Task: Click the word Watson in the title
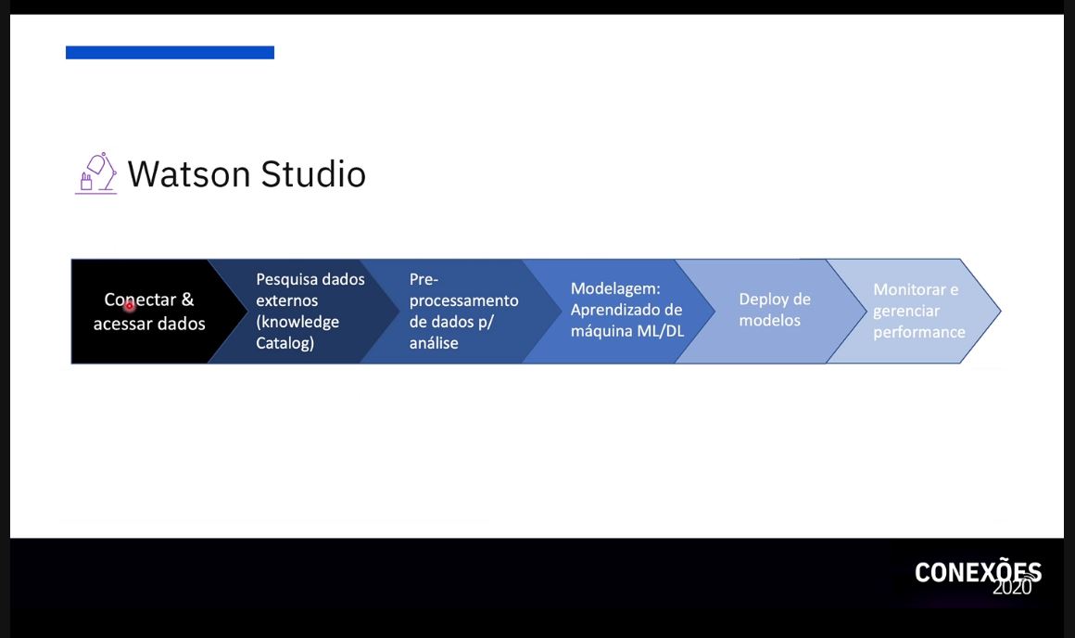click(188, 174)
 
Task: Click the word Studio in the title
click(313, 173)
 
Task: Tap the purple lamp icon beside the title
click(96, 173)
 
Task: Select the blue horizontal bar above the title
click(170, 53)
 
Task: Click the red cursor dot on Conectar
click(130, 307)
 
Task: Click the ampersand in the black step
click(187, 300)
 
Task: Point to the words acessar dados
click(149, 324)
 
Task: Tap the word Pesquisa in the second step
click(286, 279)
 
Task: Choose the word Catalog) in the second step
click(285, 343)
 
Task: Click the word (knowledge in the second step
click(297, 322)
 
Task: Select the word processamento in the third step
click(464, 301)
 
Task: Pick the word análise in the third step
click(434, 343)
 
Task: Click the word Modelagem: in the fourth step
click(615, 288)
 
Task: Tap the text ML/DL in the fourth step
click(661, 331)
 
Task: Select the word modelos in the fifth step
click(769, 320)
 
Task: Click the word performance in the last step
click(919, 333)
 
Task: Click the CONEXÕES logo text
click(978, 571)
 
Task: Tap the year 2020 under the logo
click(1012, 587)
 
